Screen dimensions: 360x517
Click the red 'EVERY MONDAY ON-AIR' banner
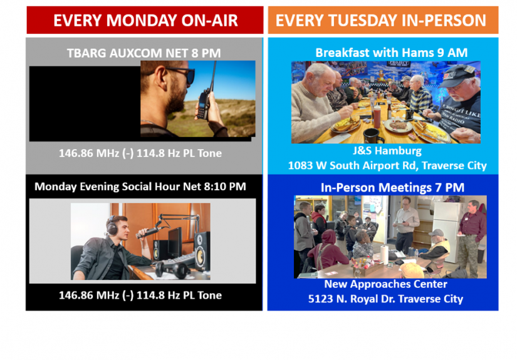click(x=145, y=20)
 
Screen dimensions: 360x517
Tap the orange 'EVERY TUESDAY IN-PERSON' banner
click(x=381, y=20)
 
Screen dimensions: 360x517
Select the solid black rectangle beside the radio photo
click(x=85, y=103)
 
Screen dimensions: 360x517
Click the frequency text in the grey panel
click(x=140, y=153)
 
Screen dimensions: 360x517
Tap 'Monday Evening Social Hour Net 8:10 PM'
click(x=140, y=186)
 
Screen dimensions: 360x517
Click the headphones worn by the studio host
click(x=113, y=225)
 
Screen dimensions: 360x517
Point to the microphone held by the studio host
click(x=150, y=232)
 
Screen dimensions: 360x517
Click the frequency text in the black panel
click(x=140, y=295)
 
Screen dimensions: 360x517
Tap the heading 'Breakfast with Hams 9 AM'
click(x=391, y=53)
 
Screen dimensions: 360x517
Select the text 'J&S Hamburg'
click(x=386, y=151)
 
